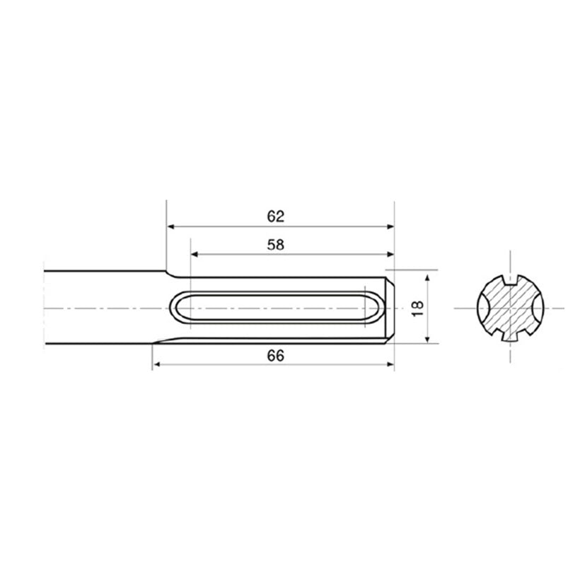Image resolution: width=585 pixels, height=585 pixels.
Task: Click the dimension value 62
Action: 276,216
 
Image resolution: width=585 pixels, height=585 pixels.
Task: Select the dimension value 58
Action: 276,244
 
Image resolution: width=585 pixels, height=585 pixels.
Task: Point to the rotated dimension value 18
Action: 417,308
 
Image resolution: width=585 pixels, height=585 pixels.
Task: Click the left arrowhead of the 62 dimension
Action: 170,227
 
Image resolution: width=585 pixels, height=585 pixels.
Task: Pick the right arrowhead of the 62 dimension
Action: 390,227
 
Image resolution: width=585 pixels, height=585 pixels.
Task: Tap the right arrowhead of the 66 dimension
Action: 390,364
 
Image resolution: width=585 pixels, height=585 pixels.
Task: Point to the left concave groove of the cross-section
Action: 482,308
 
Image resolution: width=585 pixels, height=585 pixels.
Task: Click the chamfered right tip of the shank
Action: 390,308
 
